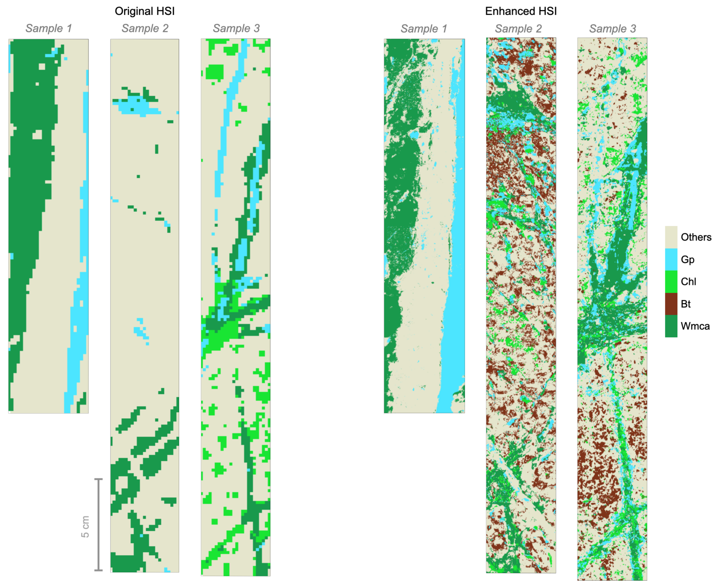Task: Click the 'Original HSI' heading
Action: pyautogui.click(x=145, y=11)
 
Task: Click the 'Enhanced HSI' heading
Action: pyautogui.click(x=521, y=11)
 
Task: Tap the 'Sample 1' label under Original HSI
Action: pyautogui.click(x=49, y=28)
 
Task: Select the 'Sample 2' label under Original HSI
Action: pyautogui.click(x=145, y=28)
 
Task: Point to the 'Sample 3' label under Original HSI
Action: pyautogui.click(x=236, y=28)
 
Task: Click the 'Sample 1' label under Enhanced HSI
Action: pyautogui.click(x=424, y=29)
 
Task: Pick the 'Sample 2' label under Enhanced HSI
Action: pyautogui.click(x=518, y=29)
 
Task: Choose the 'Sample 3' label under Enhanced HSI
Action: pyautogui.click(x=612, y=29)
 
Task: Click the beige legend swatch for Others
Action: pyautogui.click(x=671, y=237)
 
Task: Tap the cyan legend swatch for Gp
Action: pyautogui.click(x=671, y=259)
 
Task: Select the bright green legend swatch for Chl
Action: pyautogui.click(x=671, y=281)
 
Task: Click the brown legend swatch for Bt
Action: pyautogui.click(x=671, y=304)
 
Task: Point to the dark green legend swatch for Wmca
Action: pyautogui.click(x=671, y=326)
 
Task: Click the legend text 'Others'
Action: pyautogui.click(x=696, y=237)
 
